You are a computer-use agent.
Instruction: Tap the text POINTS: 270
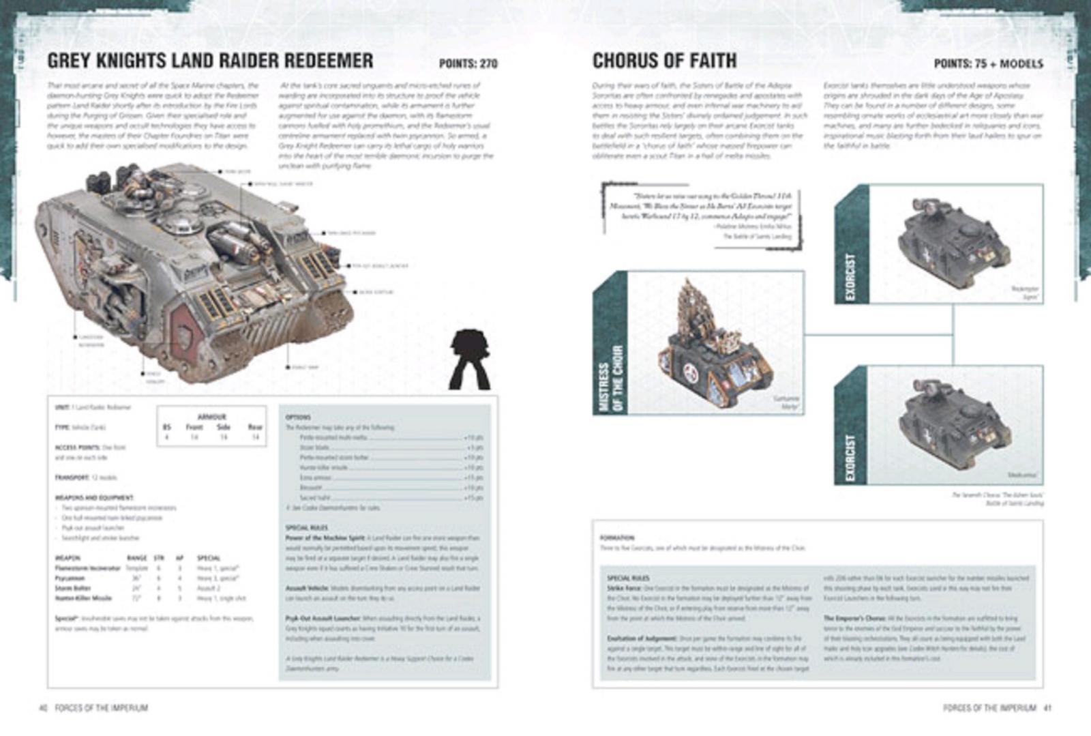click(x=468, y=63)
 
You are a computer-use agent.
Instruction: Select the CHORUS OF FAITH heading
click(x=664, y=61)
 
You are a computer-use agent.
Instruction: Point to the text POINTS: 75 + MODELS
click(x=988, y=63)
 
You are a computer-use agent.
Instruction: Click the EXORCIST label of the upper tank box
click(x=850, y=277)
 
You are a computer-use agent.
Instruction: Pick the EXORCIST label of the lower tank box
click(x=850, y=457)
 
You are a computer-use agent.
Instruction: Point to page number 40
click(x=42, y=708)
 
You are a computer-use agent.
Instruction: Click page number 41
click(x=1047, y=708)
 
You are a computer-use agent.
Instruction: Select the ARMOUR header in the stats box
click(x=211, y=417)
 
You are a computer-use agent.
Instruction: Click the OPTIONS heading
click(x=298, y=417)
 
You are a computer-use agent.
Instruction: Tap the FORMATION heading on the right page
click(x=617, y=538)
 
